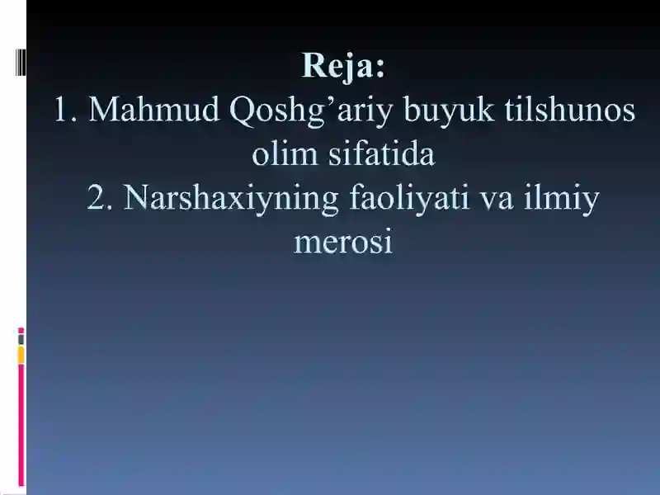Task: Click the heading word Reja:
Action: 343,66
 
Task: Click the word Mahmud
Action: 154,110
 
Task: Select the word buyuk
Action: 448,111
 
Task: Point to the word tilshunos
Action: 569,110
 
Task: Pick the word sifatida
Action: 381,153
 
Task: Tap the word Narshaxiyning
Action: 231,199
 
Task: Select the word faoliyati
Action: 408,199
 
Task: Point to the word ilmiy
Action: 562,199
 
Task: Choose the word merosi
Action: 343,243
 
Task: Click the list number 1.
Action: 65,111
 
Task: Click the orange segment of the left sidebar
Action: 21,355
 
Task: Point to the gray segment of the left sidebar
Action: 21,340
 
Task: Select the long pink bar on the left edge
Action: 21,425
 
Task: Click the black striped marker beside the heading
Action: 21,63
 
